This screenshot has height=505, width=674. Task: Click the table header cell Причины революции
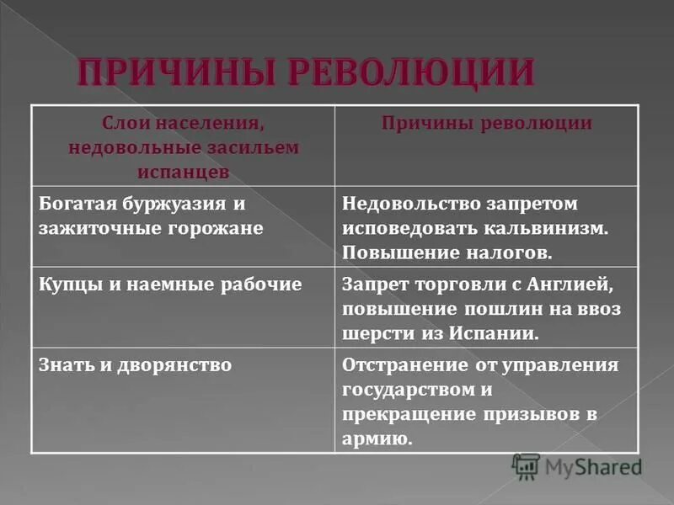[x=486, y=124]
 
